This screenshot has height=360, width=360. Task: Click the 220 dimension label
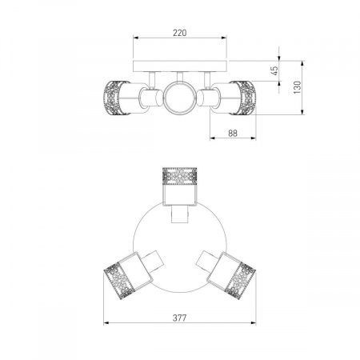pyautogui.click(x=180, y=33)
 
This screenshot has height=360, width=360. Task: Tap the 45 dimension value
pyautogui.click(x=274, y=70)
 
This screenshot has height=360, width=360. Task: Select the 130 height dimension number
pyautogui.click(x=297, y=87)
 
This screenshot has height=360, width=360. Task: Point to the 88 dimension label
pyautogui.click(x=233, y=134)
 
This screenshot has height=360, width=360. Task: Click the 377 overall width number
pyautogui.click(x=179, y=318)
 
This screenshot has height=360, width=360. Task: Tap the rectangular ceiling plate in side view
pyautogui.click(x=180, y=66)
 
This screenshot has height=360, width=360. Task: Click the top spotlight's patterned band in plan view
pyautogui.click(x=179, y=176)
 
